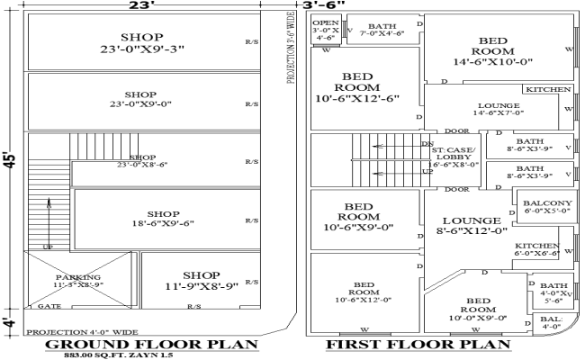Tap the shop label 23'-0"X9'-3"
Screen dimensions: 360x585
coord(140,42)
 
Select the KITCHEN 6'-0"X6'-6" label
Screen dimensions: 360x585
coord(536,249)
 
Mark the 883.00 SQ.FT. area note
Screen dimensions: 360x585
coord(115,355)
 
